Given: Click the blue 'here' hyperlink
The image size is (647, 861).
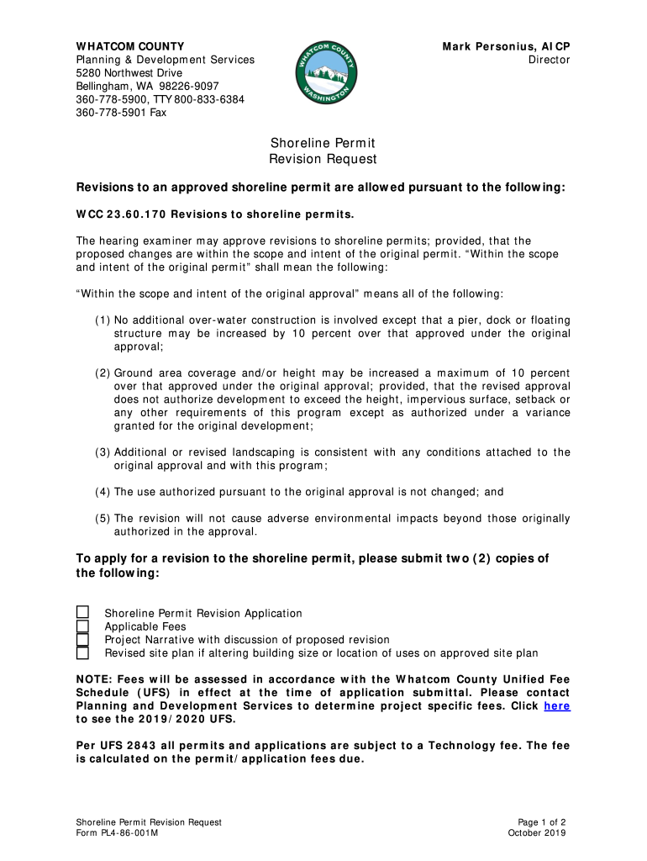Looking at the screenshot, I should tap(557, 705).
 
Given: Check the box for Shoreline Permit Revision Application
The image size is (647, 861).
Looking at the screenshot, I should tap(83, 613).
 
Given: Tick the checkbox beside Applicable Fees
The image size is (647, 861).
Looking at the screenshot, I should tap(83, 626).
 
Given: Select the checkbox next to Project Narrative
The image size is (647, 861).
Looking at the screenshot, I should tap(83, 640).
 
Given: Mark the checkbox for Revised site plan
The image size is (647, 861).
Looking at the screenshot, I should tap(83, 653).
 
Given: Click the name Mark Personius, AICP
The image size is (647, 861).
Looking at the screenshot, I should tap(506, 46).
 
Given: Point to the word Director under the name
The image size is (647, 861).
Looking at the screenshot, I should tap(549, 60).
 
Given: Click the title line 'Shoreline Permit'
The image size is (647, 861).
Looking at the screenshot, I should tap(323, 143).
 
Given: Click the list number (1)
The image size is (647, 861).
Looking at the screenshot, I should tap(102, 320).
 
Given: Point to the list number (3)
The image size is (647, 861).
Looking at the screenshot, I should tap(102, 452).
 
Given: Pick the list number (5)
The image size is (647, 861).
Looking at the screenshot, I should tap(102, 519).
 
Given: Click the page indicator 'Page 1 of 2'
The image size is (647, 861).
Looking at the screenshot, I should tap(542, 821).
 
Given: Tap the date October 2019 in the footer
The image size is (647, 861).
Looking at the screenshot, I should tap(537, 833).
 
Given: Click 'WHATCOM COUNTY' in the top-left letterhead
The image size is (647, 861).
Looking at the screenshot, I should tap(130, 46).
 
